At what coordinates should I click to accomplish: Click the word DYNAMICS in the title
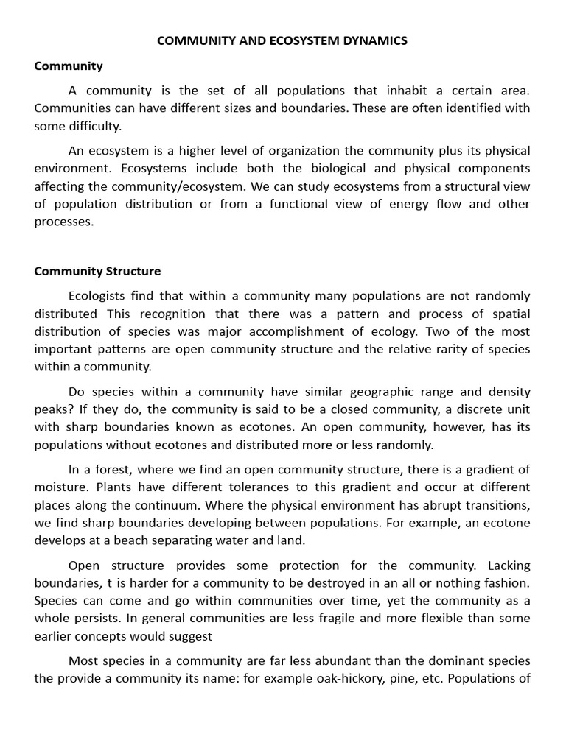[373, 41]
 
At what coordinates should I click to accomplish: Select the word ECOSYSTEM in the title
[300, 41]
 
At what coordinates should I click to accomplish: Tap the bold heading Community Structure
[97, 271]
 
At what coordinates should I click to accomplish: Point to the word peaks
[49, 409]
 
